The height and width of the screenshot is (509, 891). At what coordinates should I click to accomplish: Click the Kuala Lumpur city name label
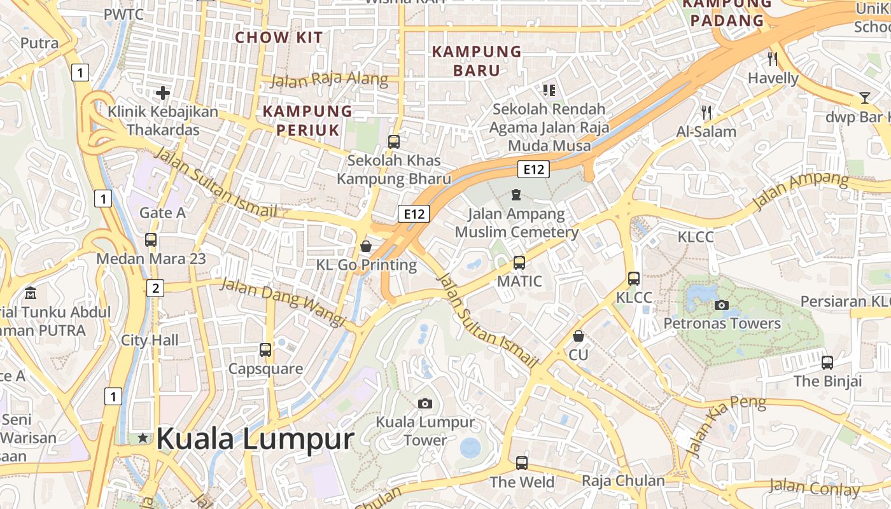coord(255,439)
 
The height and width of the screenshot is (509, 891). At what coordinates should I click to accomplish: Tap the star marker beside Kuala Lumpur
coord(143,438)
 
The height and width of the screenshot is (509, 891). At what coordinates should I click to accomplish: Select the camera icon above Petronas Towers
coord(721,305)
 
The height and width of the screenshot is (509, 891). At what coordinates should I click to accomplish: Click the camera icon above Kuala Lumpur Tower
coord(425,403)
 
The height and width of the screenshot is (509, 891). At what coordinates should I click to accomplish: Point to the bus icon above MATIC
coord(519,262)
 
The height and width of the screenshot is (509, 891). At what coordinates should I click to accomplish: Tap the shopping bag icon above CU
coord(579,335)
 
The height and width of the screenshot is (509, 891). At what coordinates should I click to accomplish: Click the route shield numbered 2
coord(155,288)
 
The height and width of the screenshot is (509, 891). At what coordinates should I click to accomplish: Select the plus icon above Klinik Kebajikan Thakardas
coord(163,93)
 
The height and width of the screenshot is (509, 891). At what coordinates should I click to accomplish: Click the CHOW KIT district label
coord(279,38)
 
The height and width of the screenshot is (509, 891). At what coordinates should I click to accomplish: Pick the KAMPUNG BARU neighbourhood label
coord(477,60)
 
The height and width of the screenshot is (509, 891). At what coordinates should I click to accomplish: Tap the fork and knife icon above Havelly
coord(773,59)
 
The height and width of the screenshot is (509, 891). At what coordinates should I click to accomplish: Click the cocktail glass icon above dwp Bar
coord(864,98)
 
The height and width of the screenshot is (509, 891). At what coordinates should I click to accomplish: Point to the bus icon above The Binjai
coord(827,363)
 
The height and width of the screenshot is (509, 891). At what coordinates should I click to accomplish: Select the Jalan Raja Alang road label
coord(329,80)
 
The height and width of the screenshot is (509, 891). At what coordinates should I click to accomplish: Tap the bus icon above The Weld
coord(522,463)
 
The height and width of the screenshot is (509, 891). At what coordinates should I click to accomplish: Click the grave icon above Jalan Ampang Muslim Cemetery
coord(516,194)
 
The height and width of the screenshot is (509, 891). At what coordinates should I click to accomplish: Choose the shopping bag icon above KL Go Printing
coord(366,246)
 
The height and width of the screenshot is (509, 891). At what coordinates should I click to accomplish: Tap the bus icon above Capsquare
coord(265,349)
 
